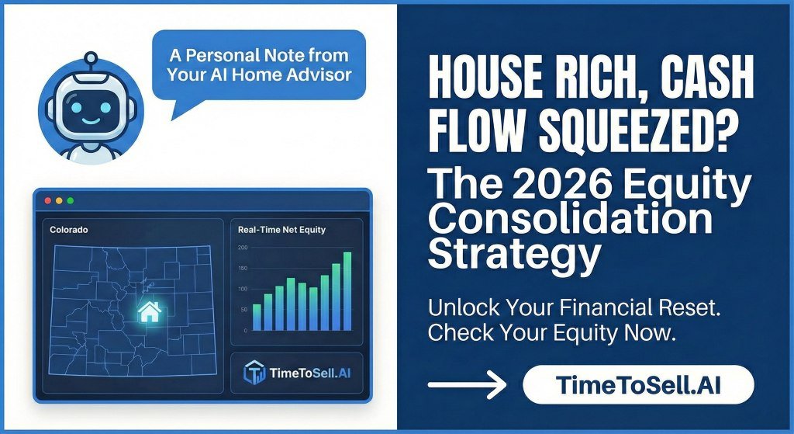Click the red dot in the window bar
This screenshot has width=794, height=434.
48,200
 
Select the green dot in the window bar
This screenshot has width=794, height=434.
71,200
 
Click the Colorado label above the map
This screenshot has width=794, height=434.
68,231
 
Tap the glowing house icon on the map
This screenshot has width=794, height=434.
149,313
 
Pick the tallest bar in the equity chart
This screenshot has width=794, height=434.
347,292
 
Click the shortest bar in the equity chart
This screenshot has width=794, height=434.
257,318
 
